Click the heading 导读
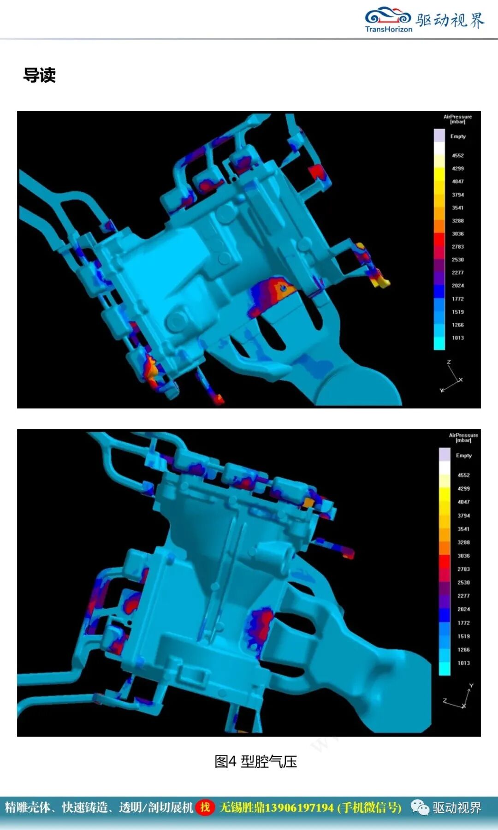pos(40,75)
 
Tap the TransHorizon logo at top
pos(388,19)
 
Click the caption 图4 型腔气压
pos(255,761)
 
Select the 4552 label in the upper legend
pos(457,156)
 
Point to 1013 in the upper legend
pos(457,338)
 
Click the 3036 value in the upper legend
pos(457,234)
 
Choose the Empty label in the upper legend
pos(458,136)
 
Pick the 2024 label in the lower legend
pos(463,609)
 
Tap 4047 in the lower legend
pos(463,502)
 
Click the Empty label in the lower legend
pos(464,456)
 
